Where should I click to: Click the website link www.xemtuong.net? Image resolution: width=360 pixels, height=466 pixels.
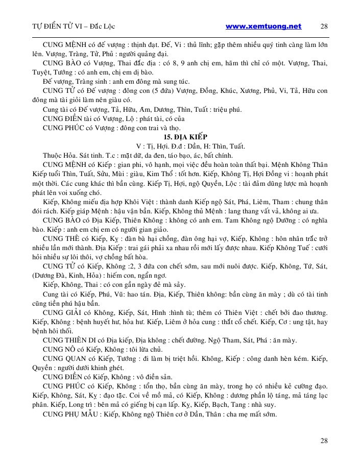(x=263, y=26)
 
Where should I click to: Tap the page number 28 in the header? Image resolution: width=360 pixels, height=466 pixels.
(x=324, y=26)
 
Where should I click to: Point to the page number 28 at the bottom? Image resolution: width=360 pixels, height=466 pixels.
(x=324, y=440)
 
